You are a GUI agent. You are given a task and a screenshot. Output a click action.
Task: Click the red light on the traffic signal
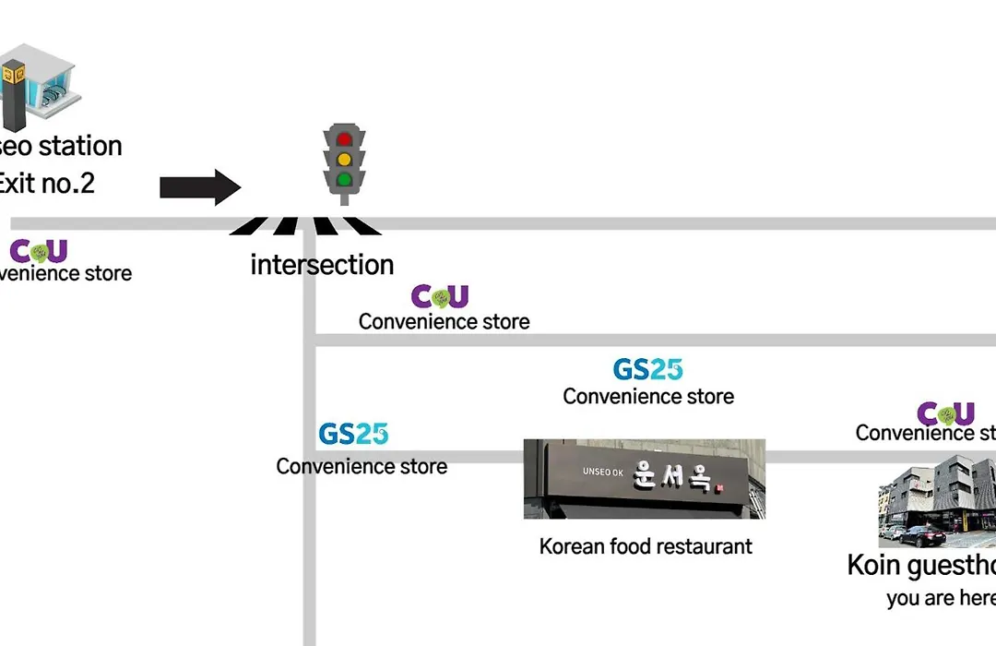tap(344, 140)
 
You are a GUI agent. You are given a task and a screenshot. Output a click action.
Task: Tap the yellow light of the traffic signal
tap(344, 160)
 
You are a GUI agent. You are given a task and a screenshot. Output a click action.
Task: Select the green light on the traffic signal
tap(344, 179)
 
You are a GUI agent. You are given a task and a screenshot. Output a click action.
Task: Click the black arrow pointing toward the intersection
tap(199, 187)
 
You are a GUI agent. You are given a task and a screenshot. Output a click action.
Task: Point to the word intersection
tap(322, 265)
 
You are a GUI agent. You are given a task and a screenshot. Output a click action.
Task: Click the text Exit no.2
tap(46, 183)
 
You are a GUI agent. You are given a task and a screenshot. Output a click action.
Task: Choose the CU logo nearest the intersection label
tap(440, 296)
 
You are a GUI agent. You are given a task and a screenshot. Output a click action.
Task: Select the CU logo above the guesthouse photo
tap(945, 413)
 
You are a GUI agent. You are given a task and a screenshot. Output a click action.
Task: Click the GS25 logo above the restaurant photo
tap(647, 369)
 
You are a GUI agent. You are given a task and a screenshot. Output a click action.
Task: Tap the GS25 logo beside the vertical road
tap(353, 434)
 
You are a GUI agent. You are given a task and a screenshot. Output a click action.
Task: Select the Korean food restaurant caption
tap(646, 545)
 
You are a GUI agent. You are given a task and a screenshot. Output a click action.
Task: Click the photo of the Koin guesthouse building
tap(937, 507)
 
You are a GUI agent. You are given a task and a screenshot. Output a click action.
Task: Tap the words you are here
tap(940, 598)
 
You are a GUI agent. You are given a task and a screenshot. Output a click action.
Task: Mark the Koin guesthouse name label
tap(921, 565)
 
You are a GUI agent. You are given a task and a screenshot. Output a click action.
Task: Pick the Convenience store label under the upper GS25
tap(648, 396)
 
